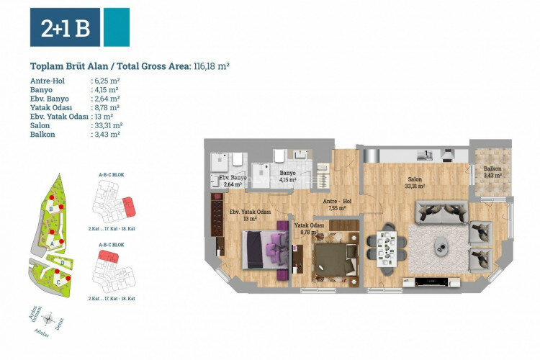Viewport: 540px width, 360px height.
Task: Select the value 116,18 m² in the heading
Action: click(211, 66)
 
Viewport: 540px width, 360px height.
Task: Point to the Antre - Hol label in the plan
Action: click(336, 204)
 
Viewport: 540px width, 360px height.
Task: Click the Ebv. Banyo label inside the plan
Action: click(232, 181)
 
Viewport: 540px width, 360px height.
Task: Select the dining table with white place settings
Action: click(386, 246)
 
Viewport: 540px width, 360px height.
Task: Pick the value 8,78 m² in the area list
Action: click(106, 107)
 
